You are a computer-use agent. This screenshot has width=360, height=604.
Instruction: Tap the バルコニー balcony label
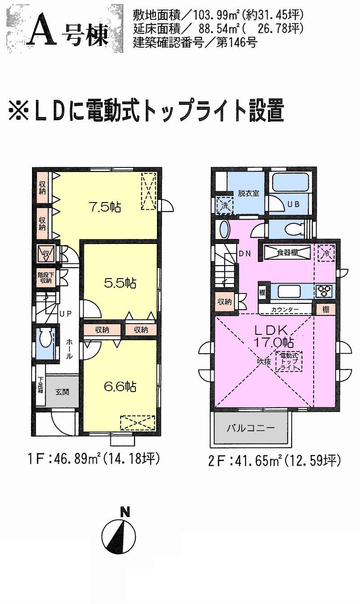pos(251,428)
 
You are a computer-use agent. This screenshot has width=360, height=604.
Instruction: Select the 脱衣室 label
pos(248,194)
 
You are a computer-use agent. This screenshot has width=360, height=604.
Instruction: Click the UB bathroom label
pos(293,204)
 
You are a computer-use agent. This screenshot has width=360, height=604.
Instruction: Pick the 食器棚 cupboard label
pos(287,253)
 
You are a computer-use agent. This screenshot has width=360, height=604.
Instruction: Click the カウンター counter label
pos(284,310)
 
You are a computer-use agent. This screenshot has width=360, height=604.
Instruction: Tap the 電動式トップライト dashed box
pos(289,361)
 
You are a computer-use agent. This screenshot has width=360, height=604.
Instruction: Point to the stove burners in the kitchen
pos(325,292)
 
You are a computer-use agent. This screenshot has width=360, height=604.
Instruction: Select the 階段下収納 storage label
pos(44,278)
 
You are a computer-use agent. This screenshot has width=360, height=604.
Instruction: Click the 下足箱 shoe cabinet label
pos(40,385)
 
